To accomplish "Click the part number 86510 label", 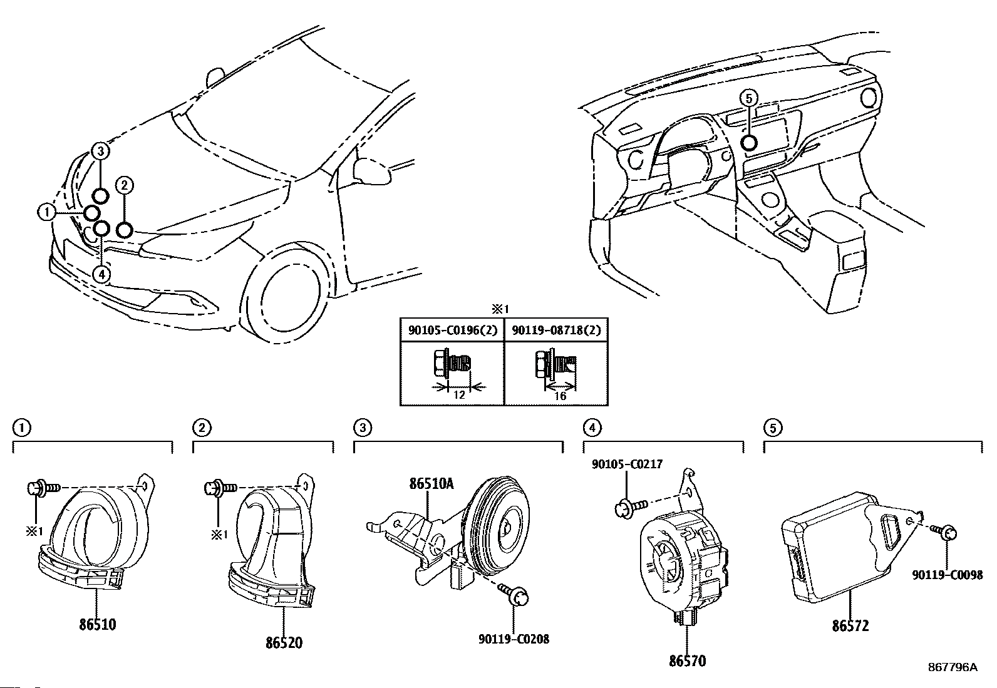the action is (x=98, y=624).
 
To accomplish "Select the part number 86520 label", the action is (x=284, y=642).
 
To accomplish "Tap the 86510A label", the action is (x=431, y=484).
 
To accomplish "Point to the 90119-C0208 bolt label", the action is (x=514, y=639).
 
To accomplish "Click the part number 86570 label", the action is (x=687, y=661).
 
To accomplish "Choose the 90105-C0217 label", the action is (x=627, y=464).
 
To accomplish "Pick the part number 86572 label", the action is (x=850, y=625).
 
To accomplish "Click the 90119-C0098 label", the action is (x=948, y=575).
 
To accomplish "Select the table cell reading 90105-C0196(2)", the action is (x=453, y=330).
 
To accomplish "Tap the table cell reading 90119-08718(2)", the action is (x=556, y=330).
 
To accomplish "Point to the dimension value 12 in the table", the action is (x=458, y=395).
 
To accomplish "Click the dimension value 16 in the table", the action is (x=560, y=396).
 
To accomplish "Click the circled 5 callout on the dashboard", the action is (x=748, y=98).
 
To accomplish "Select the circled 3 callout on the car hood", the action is (x=101, y=151).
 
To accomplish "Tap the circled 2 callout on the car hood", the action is (x=124, y=185).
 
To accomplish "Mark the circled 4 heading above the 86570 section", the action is (x=592, y=428).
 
